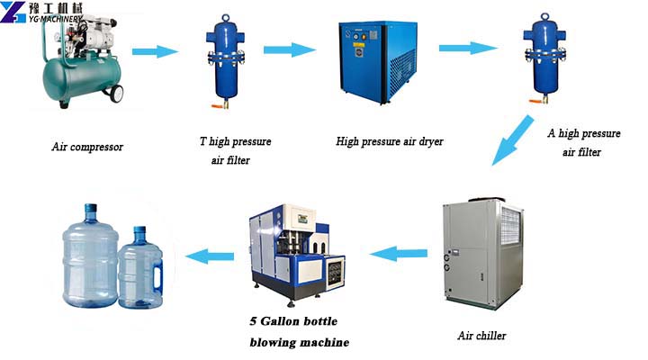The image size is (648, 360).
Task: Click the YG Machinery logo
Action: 41,12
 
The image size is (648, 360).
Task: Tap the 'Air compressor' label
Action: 87,147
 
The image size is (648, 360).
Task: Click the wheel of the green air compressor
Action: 117,94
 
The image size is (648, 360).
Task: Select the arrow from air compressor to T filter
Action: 155,51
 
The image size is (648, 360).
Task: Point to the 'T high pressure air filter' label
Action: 235,150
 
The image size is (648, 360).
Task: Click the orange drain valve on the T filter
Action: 219,106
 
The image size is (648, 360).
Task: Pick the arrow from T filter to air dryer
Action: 290,50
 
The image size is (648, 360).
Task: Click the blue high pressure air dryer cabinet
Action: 377,62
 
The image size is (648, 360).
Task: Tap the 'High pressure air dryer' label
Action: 390,142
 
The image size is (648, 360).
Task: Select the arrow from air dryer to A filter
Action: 468,49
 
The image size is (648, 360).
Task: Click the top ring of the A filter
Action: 545,16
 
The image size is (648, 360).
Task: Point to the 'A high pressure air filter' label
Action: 583,142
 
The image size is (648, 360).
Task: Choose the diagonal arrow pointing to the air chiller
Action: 512,140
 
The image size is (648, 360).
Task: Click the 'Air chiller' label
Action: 481,335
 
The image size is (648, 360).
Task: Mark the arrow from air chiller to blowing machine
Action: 398,254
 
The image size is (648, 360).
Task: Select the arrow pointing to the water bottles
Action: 210,256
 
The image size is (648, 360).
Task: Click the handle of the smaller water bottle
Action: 157,274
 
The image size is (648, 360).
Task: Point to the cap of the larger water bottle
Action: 91,209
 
